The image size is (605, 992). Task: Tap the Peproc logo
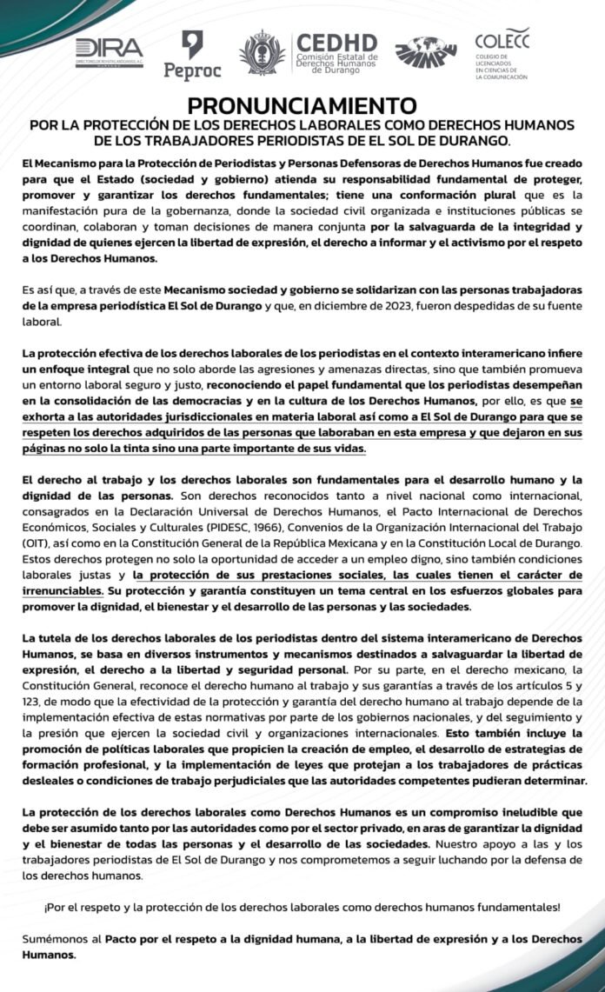[193, 55]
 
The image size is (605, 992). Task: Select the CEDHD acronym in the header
[336, 43]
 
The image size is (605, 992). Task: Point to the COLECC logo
[502, 53]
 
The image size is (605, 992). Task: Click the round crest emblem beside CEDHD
[262, 53]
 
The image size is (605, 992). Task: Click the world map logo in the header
[426, 53]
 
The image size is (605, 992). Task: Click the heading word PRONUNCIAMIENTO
[302, 107]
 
